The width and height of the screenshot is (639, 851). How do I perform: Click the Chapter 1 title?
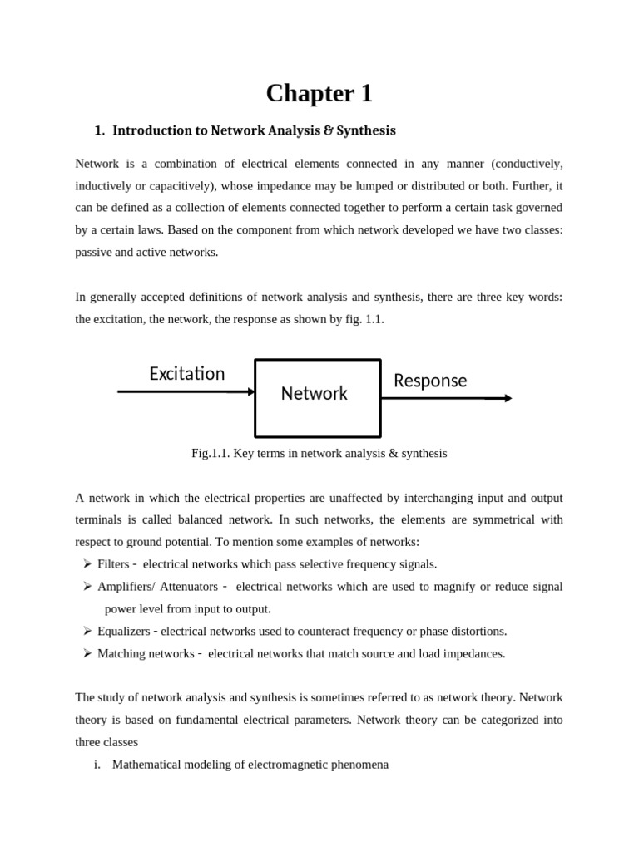pos(319,94)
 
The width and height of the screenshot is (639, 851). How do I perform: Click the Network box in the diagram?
pos(317,397)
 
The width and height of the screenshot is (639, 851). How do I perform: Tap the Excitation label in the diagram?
pos(187,374)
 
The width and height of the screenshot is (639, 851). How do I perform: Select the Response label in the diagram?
pos(430,381)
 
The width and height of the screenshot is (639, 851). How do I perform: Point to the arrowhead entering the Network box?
pos(250,391)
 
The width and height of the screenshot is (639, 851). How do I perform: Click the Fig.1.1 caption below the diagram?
pos(319,453)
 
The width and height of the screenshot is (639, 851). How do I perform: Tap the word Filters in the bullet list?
pos(113,564)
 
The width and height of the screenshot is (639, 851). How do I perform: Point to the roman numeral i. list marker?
pos(97,764)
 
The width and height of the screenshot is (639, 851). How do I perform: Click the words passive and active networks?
pos(146,252)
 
